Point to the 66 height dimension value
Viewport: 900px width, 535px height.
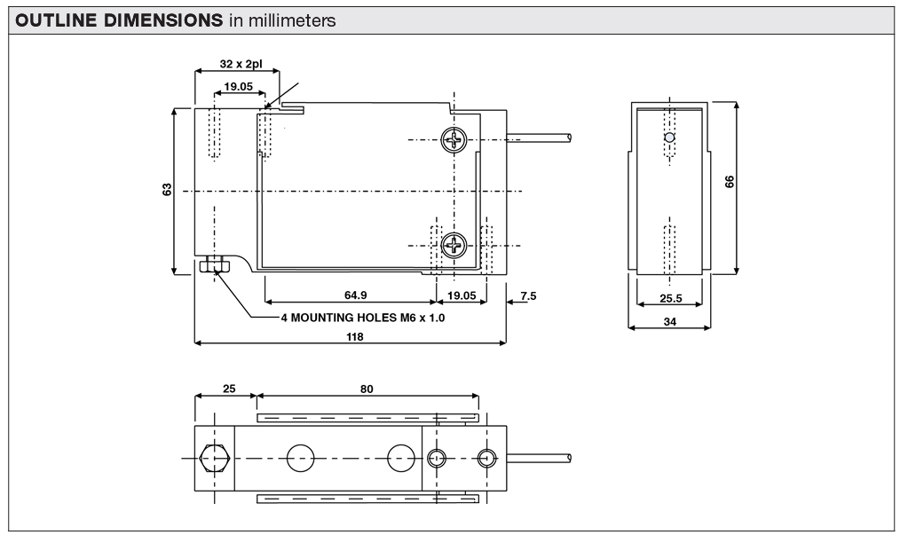point(730,181)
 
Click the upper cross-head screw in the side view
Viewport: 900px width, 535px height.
point(454,140)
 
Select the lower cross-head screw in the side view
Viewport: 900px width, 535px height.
point(454,245)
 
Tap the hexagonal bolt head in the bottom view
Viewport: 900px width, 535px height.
point(215,458)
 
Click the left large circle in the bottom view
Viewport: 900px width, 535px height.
point(301,458)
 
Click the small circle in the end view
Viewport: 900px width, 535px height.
point(670,138)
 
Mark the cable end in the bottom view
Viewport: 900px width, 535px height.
point(566,458)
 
